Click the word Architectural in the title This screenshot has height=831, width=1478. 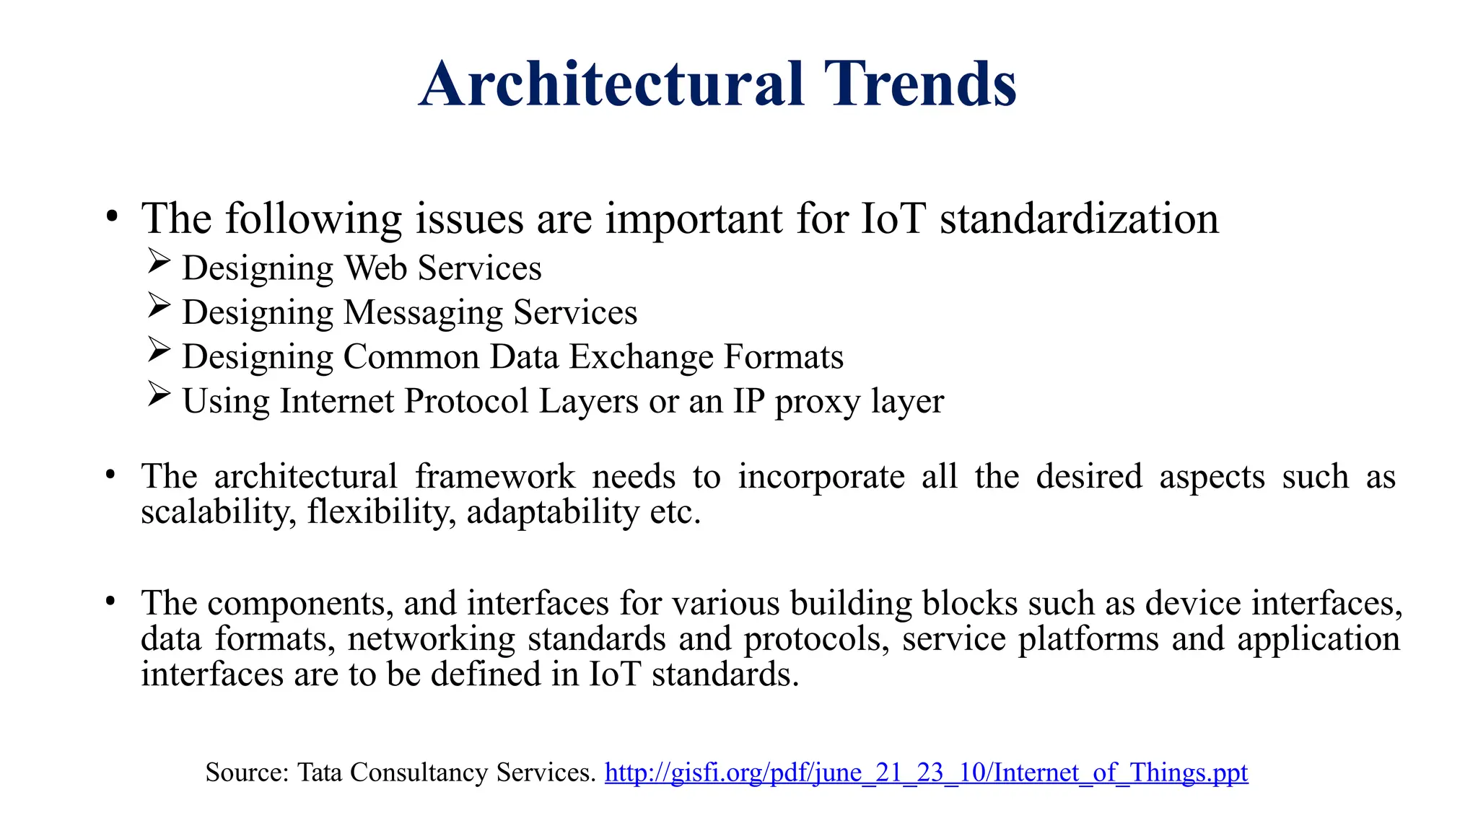611,84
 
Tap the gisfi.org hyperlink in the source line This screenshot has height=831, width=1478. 926,773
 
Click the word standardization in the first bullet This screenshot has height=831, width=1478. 1079,219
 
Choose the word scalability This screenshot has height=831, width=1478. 218,513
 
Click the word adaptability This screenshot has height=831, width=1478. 553,513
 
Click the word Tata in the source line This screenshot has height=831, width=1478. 320,773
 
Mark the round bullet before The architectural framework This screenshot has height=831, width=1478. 110,475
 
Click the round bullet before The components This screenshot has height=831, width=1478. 110,601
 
